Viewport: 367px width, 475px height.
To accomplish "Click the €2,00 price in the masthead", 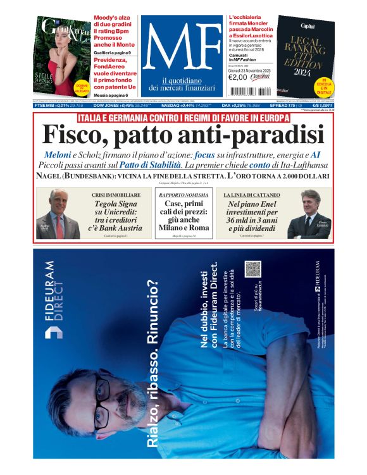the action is pos(237,78).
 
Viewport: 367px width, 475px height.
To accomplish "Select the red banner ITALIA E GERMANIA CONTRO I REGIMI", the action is pos(183,118).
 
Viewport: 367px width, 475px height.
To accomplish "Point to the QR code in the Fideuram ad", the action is pos(253,269).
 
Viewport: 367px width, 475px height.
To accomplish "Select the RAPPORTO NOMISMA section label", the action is pos(183,195).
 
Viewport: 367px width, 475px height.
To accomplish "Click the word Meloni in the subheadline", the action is pos(58,155).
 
